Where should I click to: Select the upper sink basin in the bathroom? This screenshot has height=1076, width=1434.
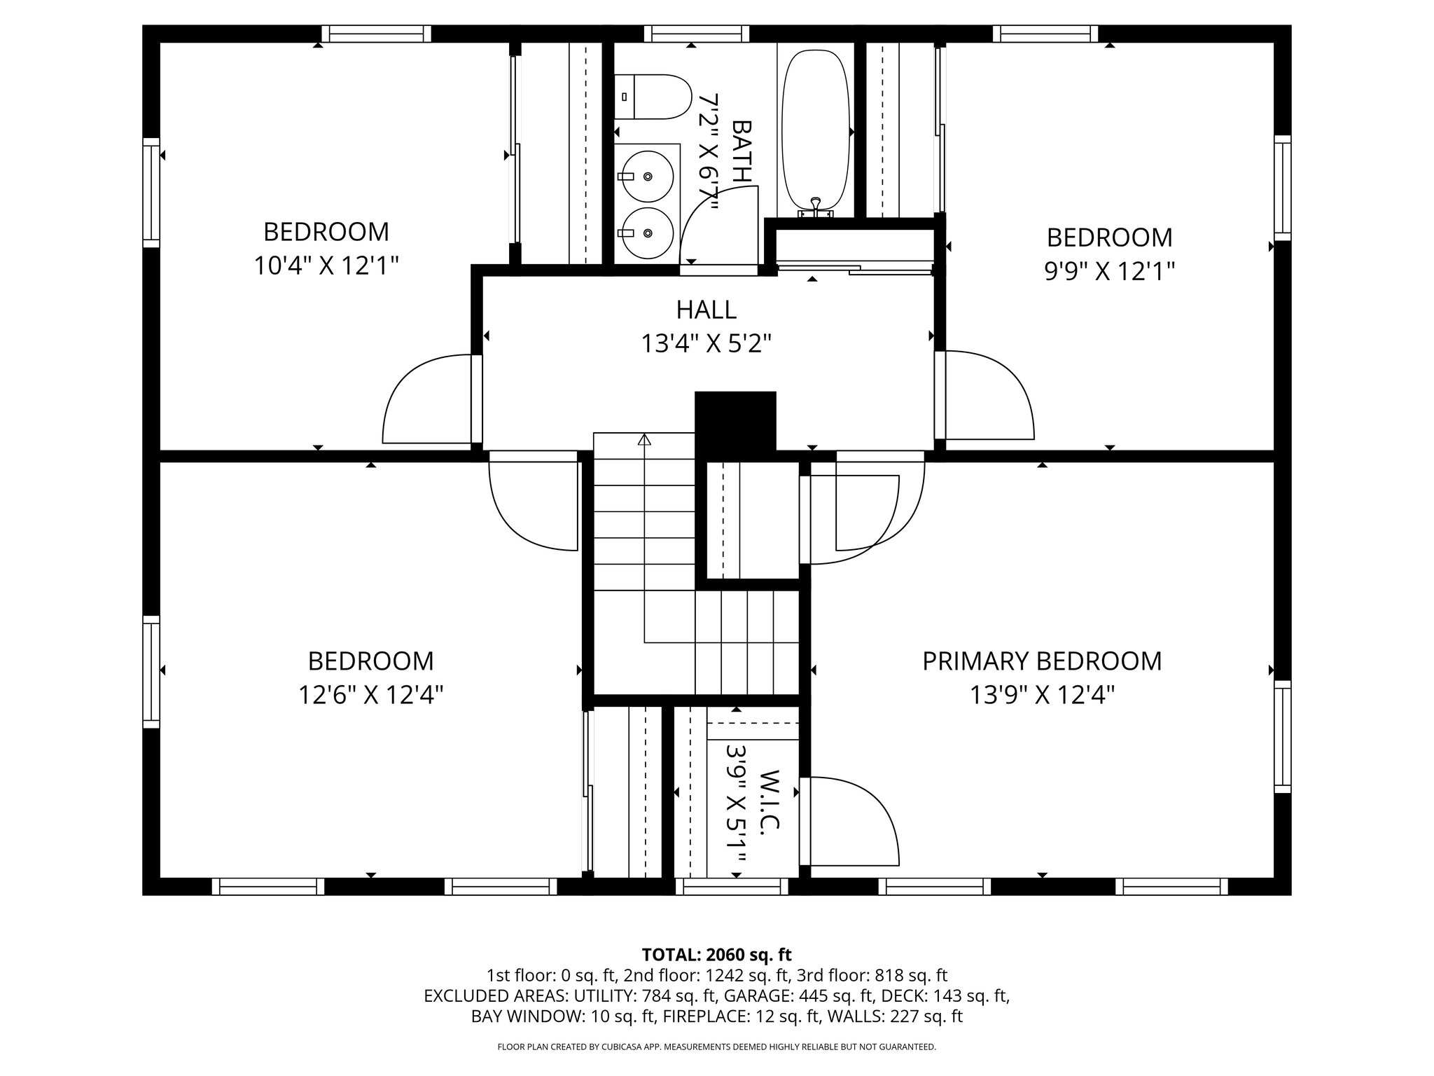point(648,176)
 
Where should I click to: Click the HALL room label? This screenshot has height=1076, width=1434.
point(706,309)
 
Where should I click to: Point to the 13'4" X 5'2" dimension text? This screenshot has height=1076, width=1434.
point(706,344)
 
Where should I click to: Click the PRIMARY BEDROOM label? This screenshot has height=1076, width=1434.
point(1041,661)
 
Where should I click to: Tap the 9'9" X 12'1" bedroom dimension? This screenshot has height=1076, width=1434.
point(1109,271)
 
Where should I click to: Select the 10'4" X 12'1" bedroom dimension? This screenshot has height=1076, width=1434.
point(326,265)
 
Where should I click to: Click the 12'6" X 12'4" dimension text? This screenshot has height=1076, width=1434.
point(370,695)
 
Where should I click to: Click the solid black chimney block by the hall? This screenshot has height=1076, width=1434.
point(735,420)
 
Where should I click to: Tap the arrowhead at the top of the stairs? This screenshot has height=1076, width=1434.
point(644,440)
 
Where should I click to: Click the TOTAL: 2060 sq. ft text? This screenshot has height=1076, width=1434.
point(716,954)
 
